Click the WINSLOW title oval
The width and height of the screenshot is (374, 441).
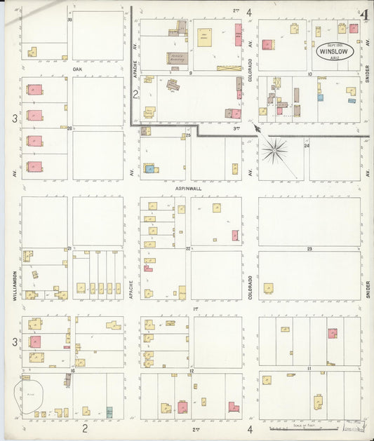[333, 51]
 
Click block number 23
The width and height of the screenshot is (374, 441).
[309, 249]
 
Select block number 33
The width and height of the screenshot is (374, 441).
[69, 20]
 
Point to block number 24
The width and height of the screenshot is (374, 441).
[307, 146]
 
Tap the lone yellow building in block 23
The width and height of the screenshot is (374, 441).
[268, 288]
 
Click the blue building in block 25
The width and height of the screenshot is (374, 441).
[149, 169]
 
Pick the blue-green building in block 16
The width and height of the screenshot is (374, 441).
[109, 412]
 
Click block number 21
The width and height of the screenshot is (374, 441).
[69, 248]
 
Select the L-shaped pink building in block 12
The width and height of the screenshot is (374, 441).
[232, 407]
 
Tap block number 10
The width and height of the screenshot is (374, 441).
[309, 73]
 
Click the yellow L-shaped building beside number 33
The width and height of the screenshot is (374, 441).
[32, 52]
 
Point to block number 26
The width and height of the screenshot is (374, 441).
[69, 128]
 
